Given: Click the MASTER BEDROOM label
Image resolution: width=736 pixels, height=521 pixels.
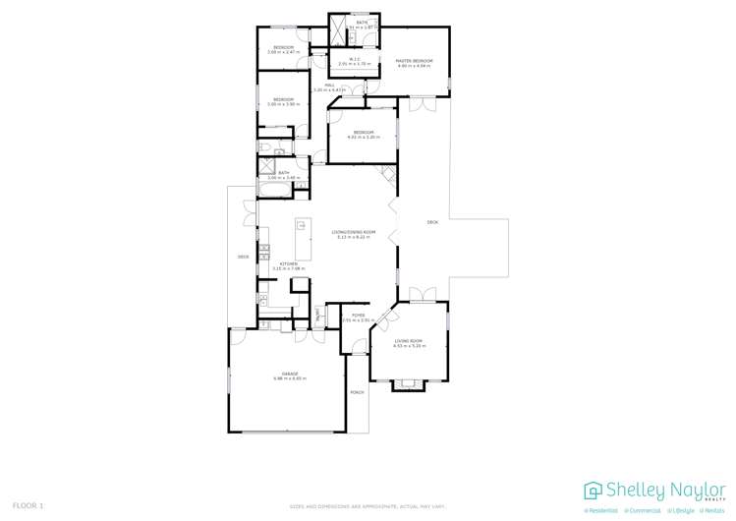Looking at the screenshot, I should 414,61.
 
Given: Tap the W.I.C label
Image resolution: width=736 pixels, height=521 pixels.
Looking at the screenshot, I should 355,60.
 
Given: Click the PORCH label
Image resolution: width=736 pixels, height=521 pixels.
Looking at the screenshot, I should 357,393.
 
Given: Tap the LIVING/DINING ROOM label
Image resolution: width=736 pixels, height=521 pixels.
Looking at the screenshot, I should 357,232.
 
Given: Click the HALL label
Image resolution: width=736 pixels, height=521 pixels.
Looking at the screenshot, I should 331,86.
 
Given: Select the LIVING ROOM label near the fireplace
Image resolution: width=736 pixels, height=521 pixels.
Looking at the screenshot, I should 408,341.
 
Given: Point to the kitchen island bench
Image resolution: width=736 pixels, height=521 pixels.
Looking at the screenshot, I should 302,236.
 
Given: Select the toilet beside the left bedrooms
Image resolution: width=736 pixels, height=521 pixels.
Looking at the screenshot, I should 264,147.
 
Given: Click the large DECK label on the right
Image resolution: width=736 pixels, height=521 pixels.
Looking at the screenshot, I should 432,223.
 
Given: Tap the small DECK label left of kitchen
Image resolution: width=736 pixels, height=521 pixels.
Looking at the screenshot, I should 243,257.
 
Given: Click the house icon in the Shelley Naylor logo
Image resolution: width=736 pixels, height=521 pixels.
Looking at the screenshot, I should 593,490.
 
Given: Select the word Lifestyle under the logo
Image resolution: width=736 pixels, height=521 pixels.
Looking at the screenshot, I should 680,510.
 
